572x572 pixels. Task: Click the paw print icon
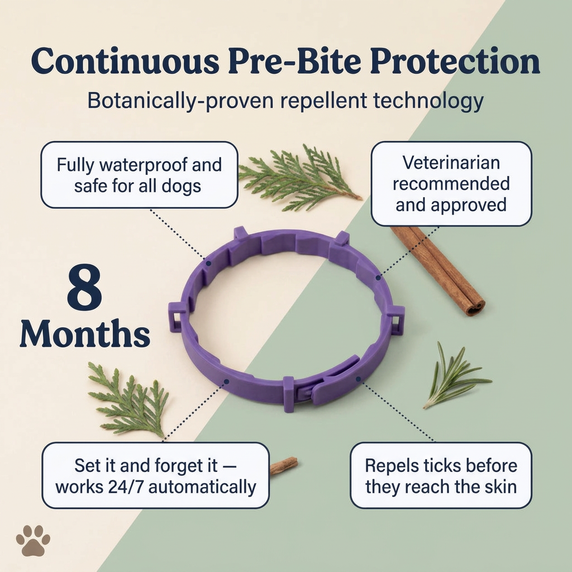33,541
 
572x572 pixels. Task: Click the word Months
85,334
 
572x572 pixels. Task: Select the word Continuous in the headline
126,61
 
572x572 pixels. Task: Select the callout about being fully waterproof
139,175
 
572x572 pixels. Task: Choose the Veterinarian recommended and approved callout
451,183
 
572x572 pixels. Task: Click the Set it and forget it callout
155,476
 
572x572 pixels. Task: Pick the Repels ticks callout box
441,476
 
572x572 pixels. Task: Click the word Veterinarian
451,163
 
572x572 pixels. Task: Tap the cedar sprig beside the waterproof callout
300,178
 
